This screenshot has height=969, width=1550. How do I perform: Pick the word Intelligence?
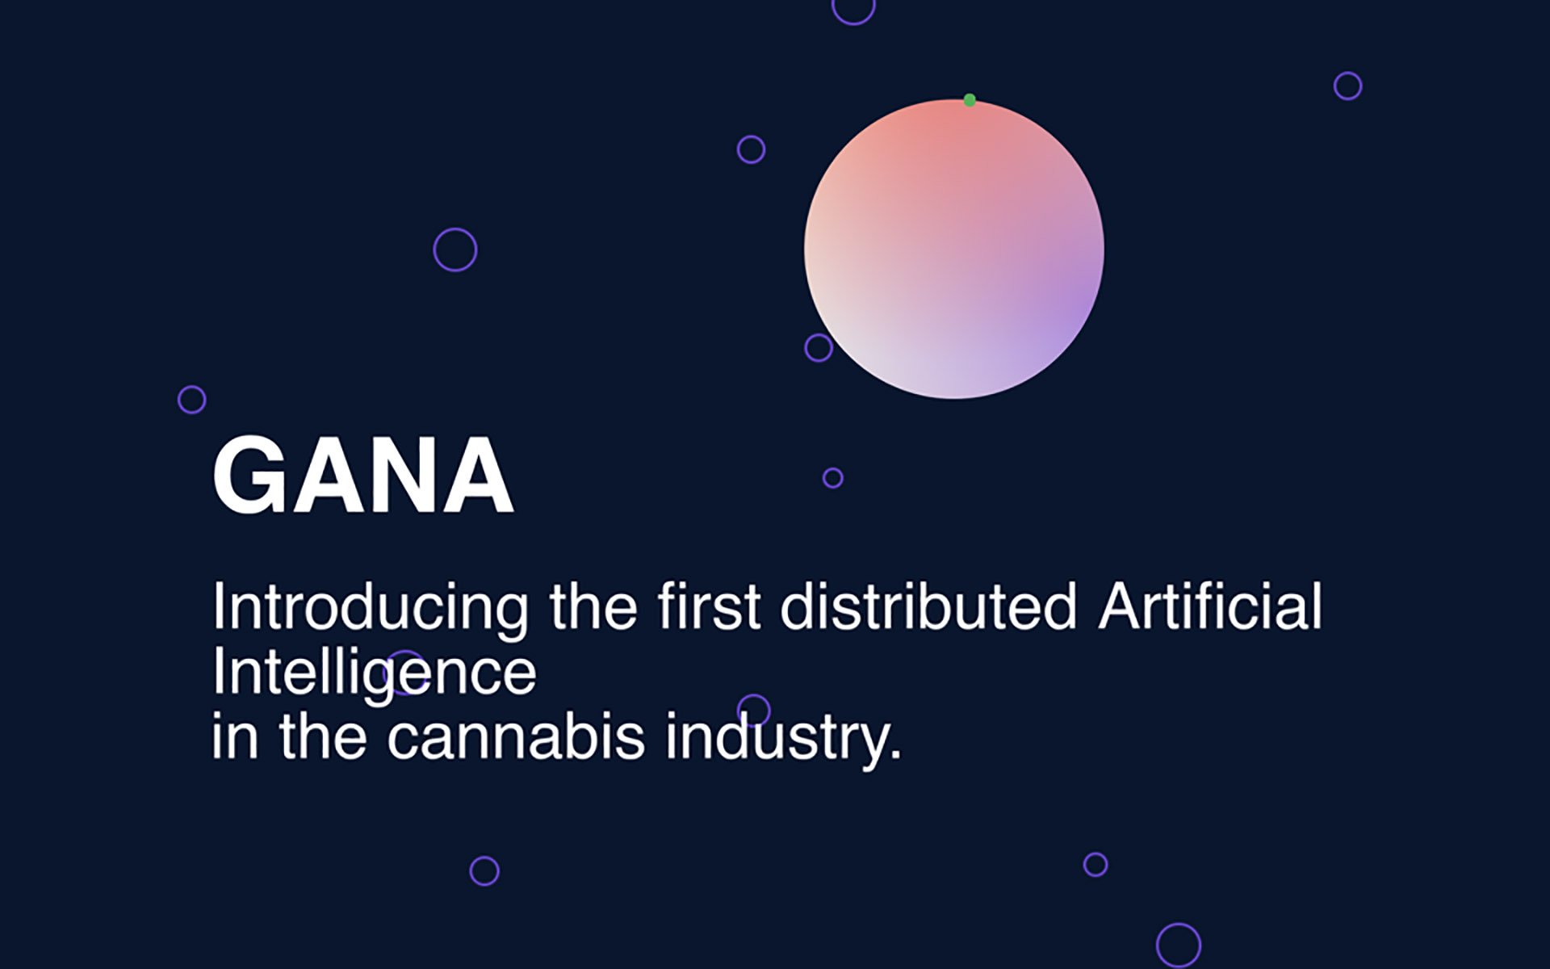tap(374, 673)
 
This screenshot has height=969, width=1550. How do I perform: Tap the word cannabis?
tap(516, 736)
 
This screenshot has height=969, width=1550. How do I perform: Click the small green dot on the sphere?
tap(970, 100)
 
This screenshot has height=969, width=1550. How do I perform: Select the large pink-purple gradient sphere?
tap(954, 249)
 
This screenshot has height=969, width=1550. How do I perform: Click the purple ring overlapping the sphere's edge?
tap(819, 348)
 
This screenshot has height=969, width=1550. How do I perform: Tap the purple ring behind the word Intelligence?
tap(405, 672)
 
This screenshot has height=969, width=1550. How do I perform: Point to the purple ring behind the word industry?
tap(754, 711)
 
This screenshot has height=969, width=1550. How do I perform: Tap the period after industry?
tap(894, 756)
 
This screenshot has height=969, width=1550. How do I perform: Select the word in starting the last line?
tap(235, 736)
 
